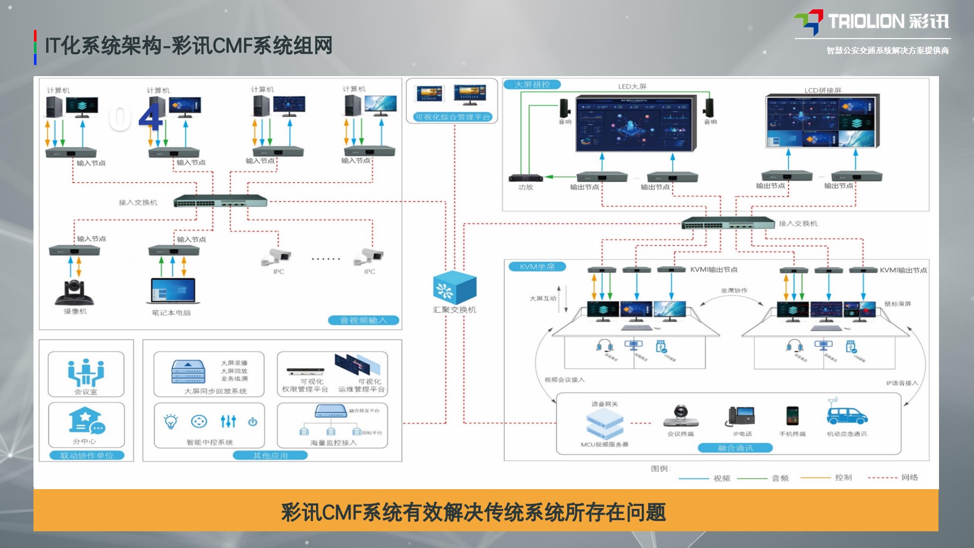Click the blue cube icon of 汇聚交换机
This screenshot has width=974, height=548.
click(455, 288)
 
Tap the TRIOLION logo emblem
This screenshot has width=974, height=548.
click(809, 22)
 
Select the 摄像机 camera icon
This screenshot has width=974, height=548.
click(75, 292)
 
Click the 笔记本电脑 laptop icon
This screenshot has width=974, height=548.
click(172, 291)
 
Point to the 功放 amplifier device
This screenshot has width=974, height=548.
click(526, 178)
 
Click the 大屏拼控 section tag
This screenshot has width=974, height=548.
click(532, 85)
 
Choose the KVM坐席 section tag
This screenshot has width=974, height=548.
click(537, 267)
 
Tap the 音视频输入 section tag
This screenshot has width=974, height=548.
click(363, 320)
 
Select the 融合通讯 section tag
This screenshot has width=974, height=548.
click(735, 448)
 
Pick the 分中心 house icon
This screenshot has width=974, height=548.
click(86, 421)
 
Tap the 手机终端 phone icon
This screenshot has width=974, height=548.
click(792, 416)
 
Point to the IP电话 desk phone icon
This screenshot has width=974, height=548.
click(742, 416)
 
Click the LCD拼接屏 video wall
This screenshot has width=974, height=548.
click(822, 121)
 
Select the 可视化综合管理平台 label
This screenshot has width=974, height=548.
click(453, 117)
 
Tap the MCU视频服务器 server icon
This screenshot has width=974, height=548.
click(605, 425)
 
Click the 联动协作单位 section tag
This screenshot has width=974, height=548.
click(87, 456)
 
